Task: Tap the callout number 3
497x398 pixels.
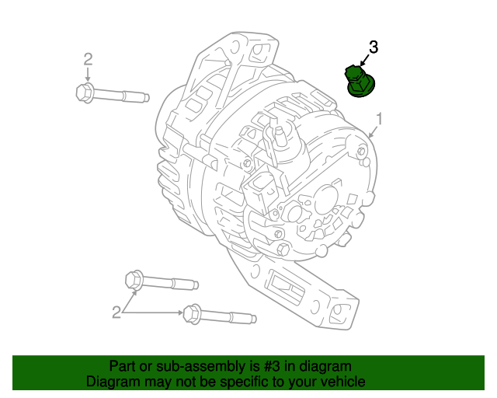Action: point(373,47)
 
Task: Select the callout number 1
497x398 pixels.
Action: point(380,118)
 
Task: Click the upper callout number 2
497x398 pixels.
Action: point(88,59)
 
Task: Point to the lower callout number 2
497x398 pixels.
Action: point(116,312)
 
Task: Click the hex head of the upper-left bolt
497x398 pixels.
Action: point(85,93)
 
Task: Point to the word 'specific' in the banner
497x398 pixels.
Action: point(234,382)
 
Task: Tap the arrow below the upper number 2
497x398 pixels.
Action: point(88,75)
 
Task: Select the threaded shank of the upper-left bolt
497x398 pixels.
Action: point(124,97)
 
